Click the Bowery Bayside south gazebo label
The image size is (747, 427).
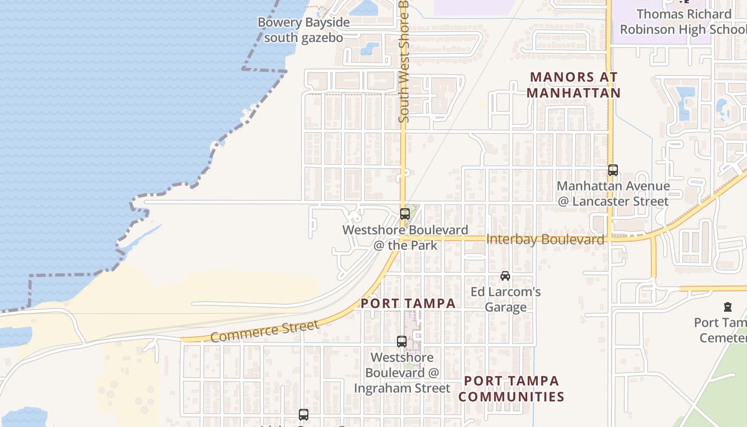pos(304,30)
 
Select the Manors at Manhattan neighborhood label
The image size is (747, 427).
pos(574,85)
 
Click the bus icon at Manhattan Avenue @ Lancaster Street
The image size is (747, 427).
pos(613,170)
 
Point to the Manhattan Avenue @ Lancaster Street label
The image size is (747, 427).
pos(613,194)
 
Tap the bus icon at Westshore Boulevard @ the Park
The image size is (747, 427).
pos(405,214)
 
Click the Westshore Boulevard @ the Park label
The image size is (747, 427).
pos(406,238)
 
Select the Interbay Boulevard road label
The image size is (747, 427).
pos(545,240)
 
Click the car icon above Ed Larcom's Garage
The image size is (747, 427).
pos(505,276)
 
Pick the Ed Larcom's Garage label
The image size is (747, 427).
pos(506,299)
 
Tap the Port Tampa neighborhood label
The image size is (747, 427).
pos(408,304)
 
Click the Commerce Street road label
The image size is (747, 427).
pos(265,330)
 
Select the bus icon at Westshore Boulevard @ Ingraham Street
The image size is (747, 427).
pos(402,342)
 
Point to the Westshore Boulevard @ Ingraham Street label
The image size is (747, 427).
pos(402,373)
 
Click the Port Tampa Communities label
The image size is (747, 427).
pos(511,389)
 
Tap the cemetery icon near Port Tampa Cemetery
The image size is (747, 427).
pos(728,307)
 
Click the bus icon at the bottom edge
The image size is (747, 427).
pos(304,414)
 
